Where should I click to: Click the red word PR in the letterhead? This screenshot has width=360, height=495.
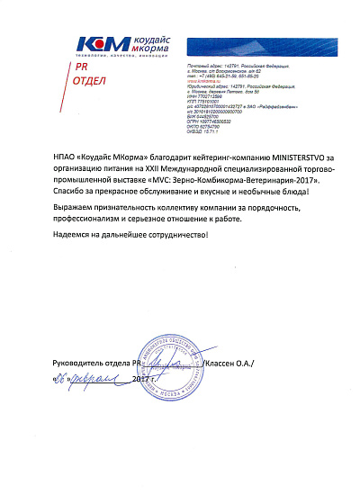tap(82, 67)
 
